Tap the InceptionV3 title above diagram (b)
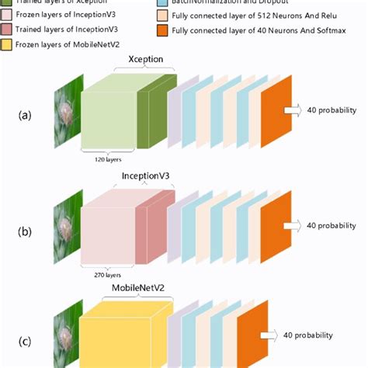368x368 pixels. point(147,175)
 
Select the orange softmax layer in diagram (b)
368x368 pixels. point(275,225)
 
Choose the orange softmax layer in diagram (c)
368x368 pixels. point(250,334)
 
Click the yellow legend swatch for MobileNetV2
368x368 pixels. point(7,43)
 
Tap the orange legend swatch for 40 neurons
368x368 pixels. point(161,28)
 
